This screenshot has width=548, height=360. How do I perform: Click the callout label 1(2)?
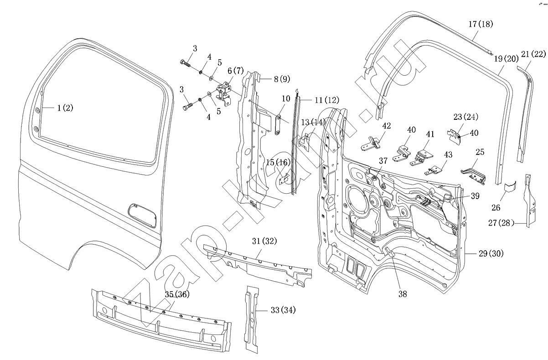[65, 108]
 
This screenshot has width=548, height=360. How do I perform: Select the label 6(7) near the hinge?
[235, 71]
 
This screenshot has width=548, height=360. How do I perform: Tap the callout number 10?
[285, 98]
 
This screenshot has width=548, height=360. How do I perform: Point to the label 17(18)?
[480, 24]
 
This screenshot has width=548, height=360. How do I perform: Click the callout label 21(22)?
[533, 54]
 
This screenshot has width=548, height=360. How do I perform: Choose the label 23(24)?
[465, 117]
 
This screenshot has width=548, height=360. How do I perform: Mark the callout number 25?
[480, 152]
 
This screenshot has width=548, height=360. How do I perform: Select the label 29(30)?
[491, 253]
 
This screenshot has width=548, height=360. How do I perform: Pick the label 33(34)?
[283, 310]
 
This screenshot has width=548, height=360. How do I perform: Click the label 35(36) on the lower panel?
[176, 294]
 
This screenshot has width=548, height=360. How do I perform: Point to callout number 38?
[402, 294]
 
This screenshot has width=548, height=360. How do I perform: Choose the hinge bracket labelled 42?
[372, 144]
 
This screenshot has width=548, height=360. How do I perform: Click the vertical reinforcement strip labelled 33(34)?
[252, 319]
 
